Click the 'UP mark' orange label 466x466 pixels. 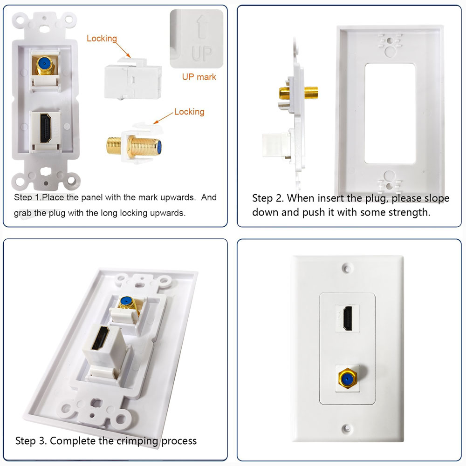click(x=199, y=77)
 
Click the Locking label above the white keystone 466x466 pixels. click(x=102, y=38)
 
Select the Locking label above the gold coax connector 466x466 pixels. click(x=189, y=112)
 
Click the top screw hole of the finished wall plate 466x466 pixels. click(x=347, y=269)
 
